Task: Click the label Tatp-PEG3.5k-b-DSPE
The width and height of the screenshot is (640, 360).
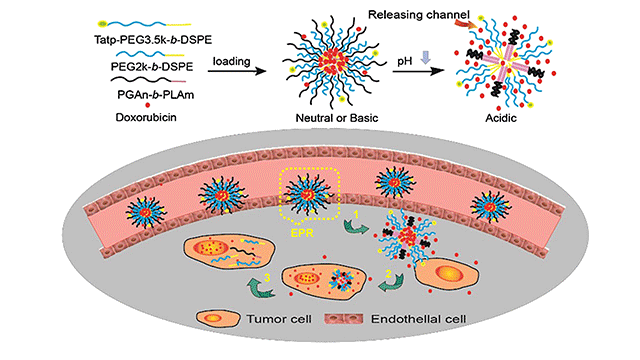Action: (153, 40)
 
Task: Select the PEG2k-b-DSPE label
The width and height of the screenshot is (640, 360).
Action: (152, 67)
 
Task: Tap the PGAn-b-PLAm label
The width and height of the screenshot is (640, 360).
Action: (156, 95)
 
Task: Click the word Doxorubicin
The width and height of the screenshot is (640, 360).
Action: (146, 118)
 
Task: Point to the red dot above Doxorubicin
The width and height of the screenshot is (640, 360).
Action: (147, 105)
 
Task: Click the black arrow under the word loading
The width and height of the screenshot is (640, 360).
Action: (237, 71)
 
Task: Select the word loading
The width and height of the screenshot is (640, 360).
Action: (231, 61)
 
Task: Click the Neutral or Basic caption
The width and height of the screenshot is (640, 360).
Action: (337, 118)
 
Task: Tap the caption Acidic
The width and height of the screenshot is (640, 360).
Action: (501, 118)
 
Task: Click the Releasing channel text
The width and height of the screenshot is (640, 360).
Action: (419, 15)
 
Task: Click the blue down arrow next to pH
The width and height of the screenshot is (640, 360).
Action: (426, 57)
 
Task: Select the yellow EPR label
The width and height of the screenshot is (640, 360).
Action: (302, 233)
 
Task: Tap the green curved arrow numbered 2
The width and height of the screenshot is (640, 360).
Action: (390, 282)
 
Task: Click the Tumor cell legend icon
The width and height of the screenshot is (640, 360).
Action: (218, 318)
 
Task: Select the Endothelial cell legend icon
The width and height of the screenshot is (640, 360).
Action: (343, 319)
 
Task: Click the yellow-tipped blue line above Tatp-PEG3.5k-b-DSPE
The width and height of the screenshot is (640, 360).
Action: (144, 23)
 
